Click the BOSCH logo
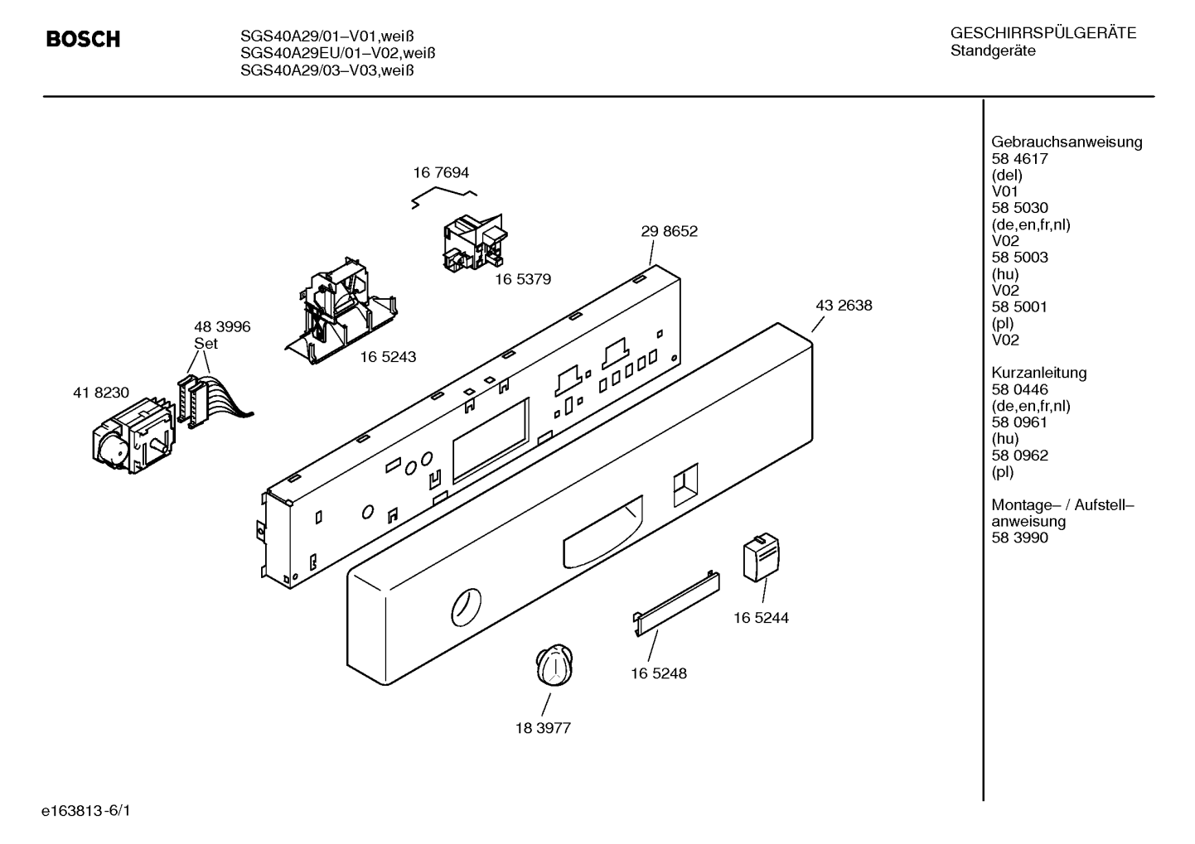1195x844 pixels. (x=83, y=40)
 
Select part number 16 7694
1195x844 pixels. (x=441, y=172)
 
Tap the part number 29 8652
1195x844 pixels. (x=669, y=231)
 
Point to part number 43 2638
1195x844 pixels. (x=844, y=305)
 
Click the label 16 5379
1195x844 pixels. (x=523, y=279)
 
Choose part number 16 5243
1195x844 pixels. (x=388, y=357)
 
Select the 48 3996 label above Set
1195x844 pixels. (x=222, y=326)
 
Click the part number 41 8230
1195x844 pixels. (x=101, y=393)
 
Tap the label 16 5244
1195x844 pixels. (x=761, y=617)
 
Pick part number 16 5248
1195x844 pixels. (x=659, y=673)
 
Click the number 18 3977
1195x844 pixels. (x=543, y=728)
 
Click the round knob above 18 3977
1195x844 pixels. (x=554, y=664)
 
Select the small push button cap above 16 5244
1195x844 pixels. (x=762, y=557)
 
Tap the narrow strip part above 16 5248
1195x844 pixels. (x=676, y=604)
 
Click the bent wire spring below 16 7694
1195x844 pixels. (x=444, y=195)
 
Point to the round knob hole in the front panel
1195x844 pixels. (x=466, y=607)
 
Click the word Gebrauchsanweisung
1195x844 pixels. (x=1067, y=142)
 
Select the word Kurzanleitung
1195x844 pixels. (x=1039, y=372)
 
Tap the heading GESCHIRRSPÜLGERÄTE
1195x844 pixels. (x=1043, y=33)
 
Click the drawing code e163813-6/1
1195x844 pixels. (x=86, y=811)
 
